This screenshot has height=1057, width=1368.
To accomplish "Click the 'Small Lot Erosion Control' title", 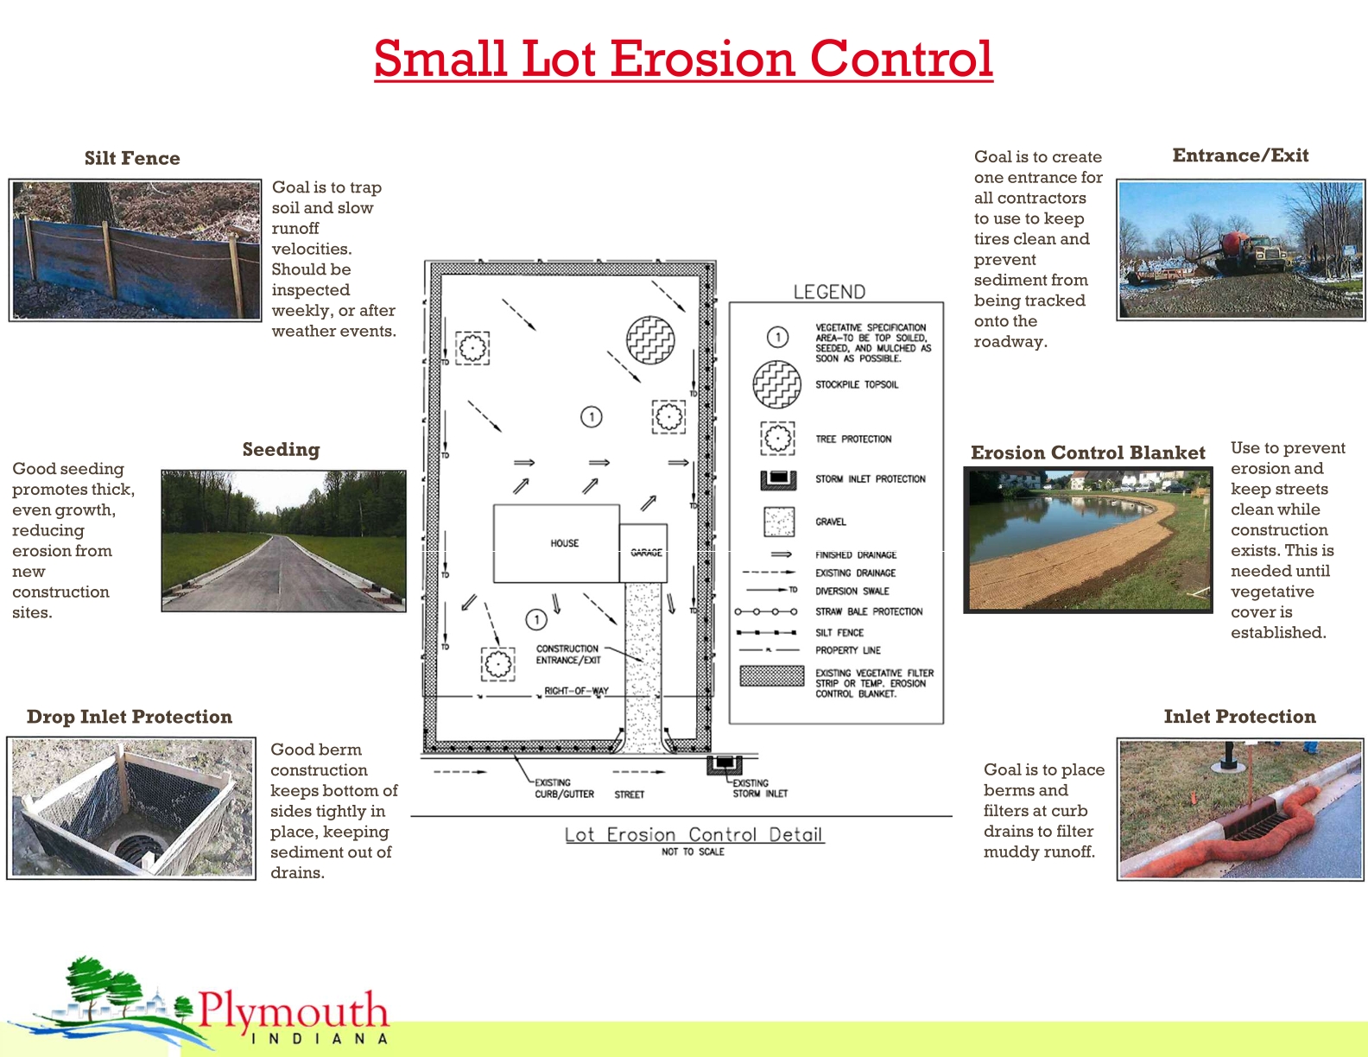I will click(x=683, y=59).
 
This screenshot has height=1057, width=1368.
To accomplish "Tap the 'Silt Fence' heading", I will click(x=132, y=158).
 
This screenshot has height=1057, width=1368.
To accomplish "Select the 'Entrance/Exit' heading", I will click(x=1240, y=155).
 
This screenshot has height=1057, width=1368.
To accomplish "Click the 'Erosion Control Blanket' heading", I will click(x=1087, y=453).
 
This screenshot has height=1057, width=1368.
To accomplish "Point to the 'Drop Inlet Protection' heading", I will click(x=130, y=717).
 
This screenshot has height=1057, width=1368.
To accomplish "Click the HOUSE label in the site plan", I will click(x=565, y=543).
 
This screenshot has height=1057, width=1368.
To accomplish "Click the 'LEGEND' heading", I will click(x=829, y=292).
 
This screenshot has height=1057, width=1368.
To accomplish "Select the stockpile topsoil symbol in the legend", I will click(x=777, y=384).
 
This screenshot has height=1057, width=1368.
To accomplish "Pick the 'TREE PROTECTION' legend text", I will click(x=853, y=439).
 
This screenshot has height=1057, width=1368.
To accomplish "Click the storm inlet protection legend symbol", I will click(x=778, y=479).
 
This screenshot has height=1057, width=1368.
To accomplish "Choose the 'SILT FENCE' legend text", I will click(x=839, y=633).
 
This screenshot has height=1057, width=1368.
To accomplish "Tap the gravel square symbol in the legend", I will click(x=779, y=522).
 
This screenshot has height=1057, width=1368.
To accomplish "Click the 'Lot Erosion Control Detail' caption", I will click(x=693, y=835).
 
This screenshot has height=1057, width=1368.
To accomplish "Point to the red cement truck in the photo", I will click(x=1232, y=242).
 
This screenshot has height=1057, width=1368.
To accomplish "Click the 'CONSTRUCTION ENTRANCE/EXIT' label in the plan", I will click(x=567, y=655).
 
